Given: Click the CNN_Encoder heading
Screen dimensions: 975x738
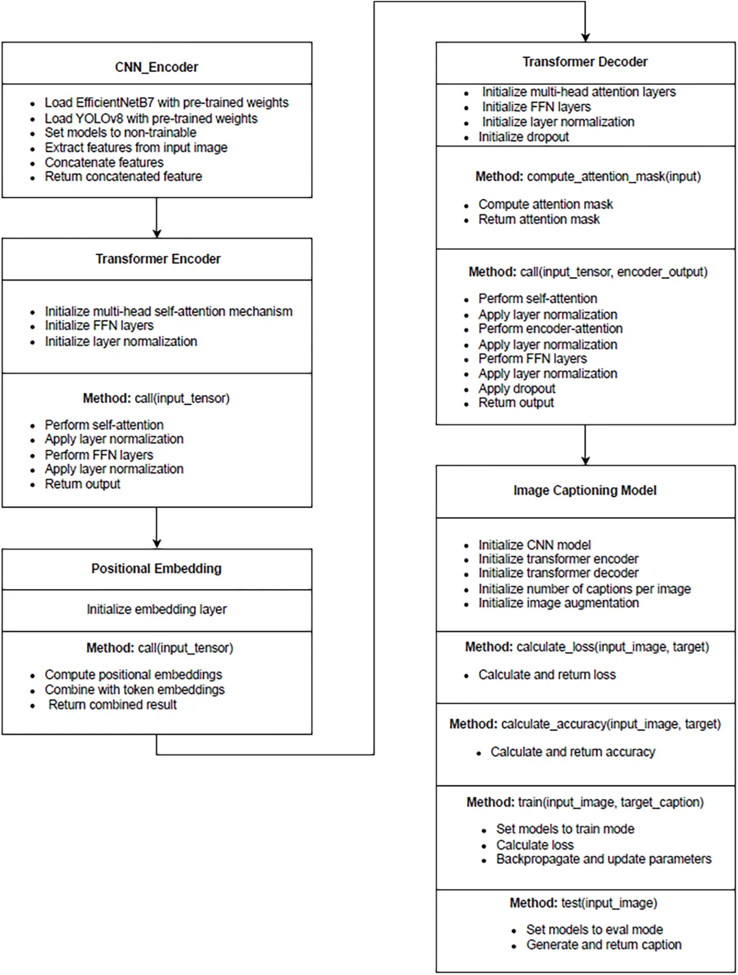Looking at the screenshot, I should tap(156, 67).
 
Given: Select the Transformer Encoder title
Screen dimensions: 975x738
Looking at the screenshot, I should tap(157, 259).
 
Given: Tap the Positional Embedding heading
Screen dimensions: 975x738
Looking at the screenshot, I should tap(156, 568).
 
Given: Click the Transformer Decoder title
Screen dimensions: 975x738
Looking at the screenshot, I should tap(584, 61).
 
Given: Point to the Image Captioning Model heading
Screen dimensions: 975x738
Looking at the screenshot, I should tap(584, 490).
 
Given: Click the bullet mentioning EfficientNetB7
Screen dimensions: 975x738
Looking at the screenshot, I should tap(166, 102).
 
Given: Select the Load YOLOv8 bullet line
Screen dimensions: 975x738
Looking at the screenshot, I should tap(151, 118).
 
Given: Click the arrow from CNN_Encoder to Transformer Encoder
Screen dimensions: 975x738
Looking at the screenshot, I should tap(156, 218).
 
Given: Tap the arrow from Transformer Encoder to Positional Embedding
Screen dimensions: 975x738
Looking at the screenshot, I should tap(156, 528).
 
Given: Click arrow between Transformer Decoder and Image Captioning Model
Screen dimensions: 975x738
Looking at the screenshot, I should tap(585, 444).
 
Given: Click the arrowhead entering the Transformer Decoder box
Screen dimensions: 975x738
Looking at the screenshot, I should tap(585, 37).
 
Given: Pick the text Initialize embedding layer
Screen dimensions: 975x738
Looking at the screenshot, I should tap(156, 609).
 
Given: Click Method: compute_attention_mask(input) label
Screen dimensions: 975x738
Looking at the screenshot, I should tap(588, 177).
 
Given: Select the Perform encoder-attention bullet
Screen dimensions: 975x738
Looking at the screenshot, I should tap(550, 328).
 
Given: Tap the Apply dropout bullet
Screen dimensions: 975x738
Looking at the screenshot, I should tap(517, 388).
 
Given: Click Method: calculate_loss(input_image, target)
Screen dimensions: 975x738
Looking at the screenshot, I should tap(587, 647).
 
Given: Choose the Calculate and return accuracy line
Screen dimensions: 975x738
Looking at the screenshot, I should tap(573, 752).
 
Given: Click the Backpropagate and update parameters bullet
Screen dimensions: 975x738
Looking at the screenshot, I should tap(603, 859).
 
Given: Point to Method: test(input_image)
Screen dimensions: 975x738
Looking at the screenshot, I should tap(583, 903).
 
